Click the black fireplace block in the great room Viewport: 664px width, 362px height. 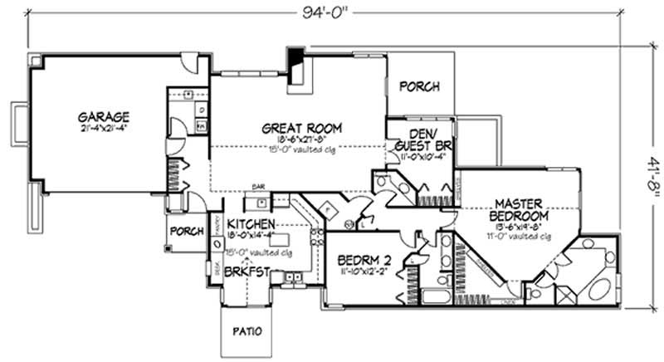click(x=295, y=62)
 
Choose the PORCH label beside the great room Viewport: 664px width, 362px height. click(x=420, y=86)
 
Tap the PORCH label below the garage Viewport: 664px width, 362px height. click(x=187, y=232)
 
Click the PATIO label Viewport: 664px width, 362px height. click(x=247, y=331)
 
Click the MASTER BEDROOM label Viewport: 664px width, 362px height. click(x=519, y=210)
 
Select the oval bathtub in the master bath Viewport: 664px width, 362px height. click(x=590, y=291)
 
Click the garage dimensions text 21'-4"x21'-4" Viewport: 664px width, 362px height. click(x=105, y=128)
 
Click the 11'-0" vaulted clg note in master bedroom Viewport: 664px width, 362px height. click(x=520, y=236)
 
